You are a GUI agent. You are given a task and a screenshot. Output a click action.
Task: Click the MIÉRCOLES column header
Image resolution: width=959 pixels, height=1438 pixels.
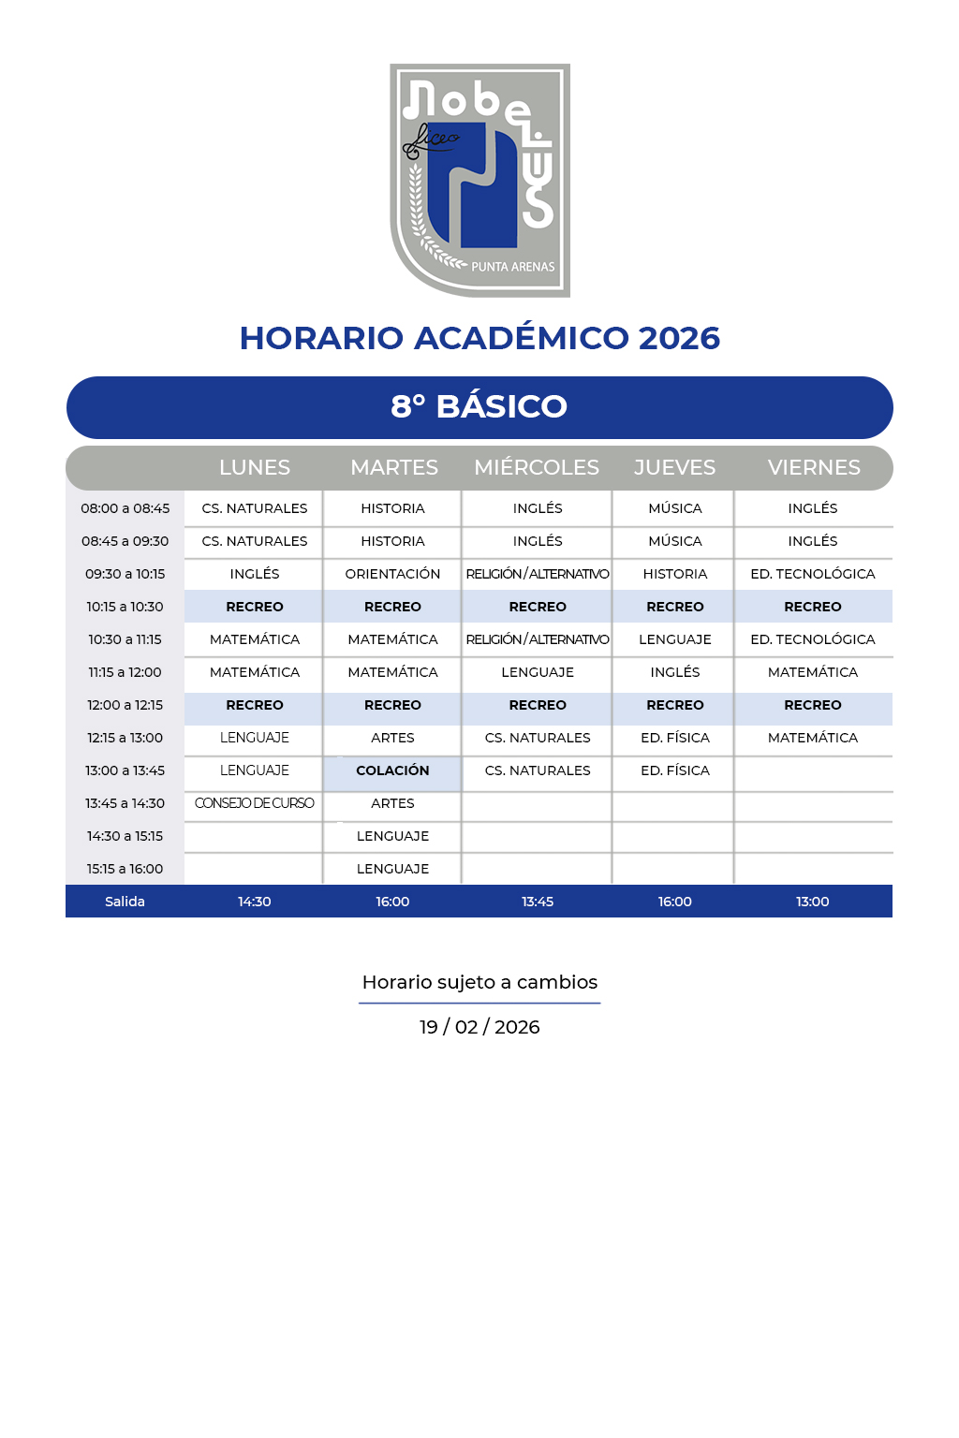[537, 467]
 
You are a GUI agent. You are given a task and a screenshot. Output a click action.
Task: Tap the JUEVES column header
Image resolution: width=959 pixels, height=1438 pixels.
[674, 467]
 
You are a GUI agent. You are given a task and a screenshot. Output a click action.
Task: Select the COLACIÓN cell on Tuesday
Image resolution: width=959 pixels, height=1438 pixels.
[392, 770]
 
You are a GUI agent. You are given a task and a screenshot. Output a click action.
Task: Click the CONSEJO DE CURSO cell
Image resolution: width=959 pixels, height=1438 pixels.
[254, 803]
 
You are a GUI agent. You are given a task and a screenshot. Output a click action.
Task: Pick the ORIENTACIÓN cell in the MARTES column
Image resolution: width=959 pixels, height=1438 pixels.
[392, 574]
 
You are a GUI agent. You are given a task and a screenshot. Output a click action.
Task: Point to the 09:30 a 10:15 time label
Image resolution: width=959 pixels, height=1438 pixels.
[125, 574]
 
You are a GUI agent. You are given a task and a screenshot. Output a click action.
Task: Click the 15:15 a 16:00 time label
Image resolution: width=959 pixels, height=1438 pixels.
[125, 869]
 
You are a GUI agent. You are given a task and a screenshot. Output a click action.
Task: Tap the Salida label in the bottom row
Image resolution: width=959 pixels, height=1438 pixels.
[125, 902]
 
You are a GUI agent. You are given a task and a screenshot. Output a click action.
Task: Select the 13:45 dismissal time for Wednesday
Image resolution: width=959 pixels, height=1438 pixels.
[538, 902]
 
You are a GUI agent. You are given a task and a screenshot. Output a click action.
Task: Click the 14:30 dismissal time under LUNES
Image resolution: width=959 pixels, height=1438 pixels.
[254, 902]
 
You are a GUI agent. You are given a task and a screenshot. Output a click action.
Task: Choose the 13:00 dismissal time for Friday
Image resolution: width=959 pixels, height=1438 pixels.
[812, 902]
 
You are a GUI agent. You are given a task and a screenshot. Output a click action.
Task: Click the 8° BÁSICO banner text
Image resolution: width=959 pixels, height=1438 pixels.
[479, 406]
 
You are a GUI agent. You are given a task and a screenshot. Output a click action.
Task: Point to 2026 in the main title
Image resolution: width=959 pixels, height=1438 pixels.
[679, 338]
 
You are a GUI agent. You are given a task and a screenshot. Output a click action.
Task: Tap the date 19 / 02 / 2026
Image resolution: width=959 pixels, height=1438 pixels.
[479, 1027]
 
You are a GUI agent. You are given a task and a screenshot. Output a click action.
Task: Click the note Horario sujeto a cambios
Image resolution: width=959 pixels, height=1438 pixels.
[479, 982]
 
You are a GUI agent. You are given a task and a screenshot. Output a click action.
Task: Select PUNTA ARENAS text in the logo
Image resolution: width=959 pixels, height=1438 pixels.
[512, 267]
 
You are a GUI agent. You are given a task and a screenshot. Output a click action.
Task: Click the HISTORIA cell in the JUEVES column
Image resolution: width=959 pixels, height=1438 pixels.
[674, 574]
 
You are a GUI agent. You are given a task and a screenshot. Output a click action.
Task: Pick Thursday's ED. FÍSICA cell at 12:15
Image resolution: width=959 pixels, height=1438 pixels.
[674, 738]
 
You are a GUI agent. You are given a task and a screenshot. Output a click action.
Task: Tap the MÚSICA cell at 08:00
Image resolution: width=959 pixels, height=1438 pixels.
[674, 508]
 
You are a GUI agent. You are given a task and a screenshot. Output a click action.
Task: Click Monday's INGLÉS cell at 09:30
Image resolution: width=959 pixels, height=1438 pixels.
[254, 574]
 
